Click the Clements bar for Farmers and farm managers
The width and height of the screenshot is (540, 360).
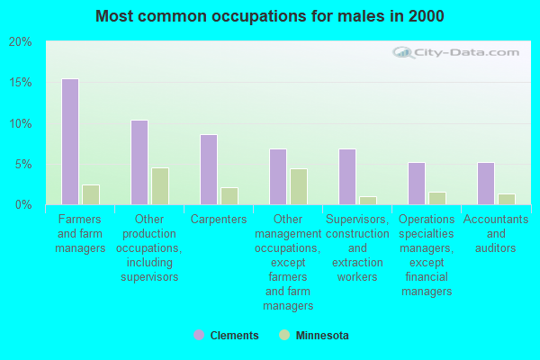[70, 142]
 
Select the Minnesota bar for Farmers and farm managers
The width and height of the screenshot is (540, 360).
[91, 194]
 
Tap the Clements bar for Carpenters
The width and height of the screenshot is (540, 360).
[209, 170]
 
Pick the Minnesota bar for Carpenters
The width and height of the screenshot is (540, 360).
[229, 196]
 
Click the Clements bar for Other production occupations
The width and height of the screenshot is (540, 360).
[139, 163]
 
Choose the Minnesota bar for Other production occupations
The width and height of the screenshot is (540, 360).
[160, 186]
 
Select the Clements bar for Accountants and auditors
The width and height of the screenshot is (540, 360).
[486, 184]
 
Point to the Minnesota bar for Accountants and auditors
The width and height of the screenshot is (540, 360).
[507, 199]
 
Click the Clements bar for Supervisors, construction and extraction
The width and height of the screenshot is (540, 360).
[347, 177]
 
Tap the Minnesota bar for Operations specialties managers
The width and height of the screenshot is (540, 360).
[437, 198]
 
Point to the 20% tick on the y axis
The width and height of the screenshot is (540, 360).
[20, 42]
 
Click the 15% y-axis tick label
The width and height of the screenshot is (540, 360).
[20, 83]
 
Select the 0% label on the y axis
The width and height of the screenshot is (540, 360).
[23, 205]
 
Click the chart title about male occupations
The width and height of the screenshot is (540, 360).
[270, 16]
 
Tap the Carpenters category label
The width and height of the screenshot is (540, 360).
[219, 220]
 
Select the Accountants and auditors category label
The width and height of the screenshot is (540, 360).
[495, 233]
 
